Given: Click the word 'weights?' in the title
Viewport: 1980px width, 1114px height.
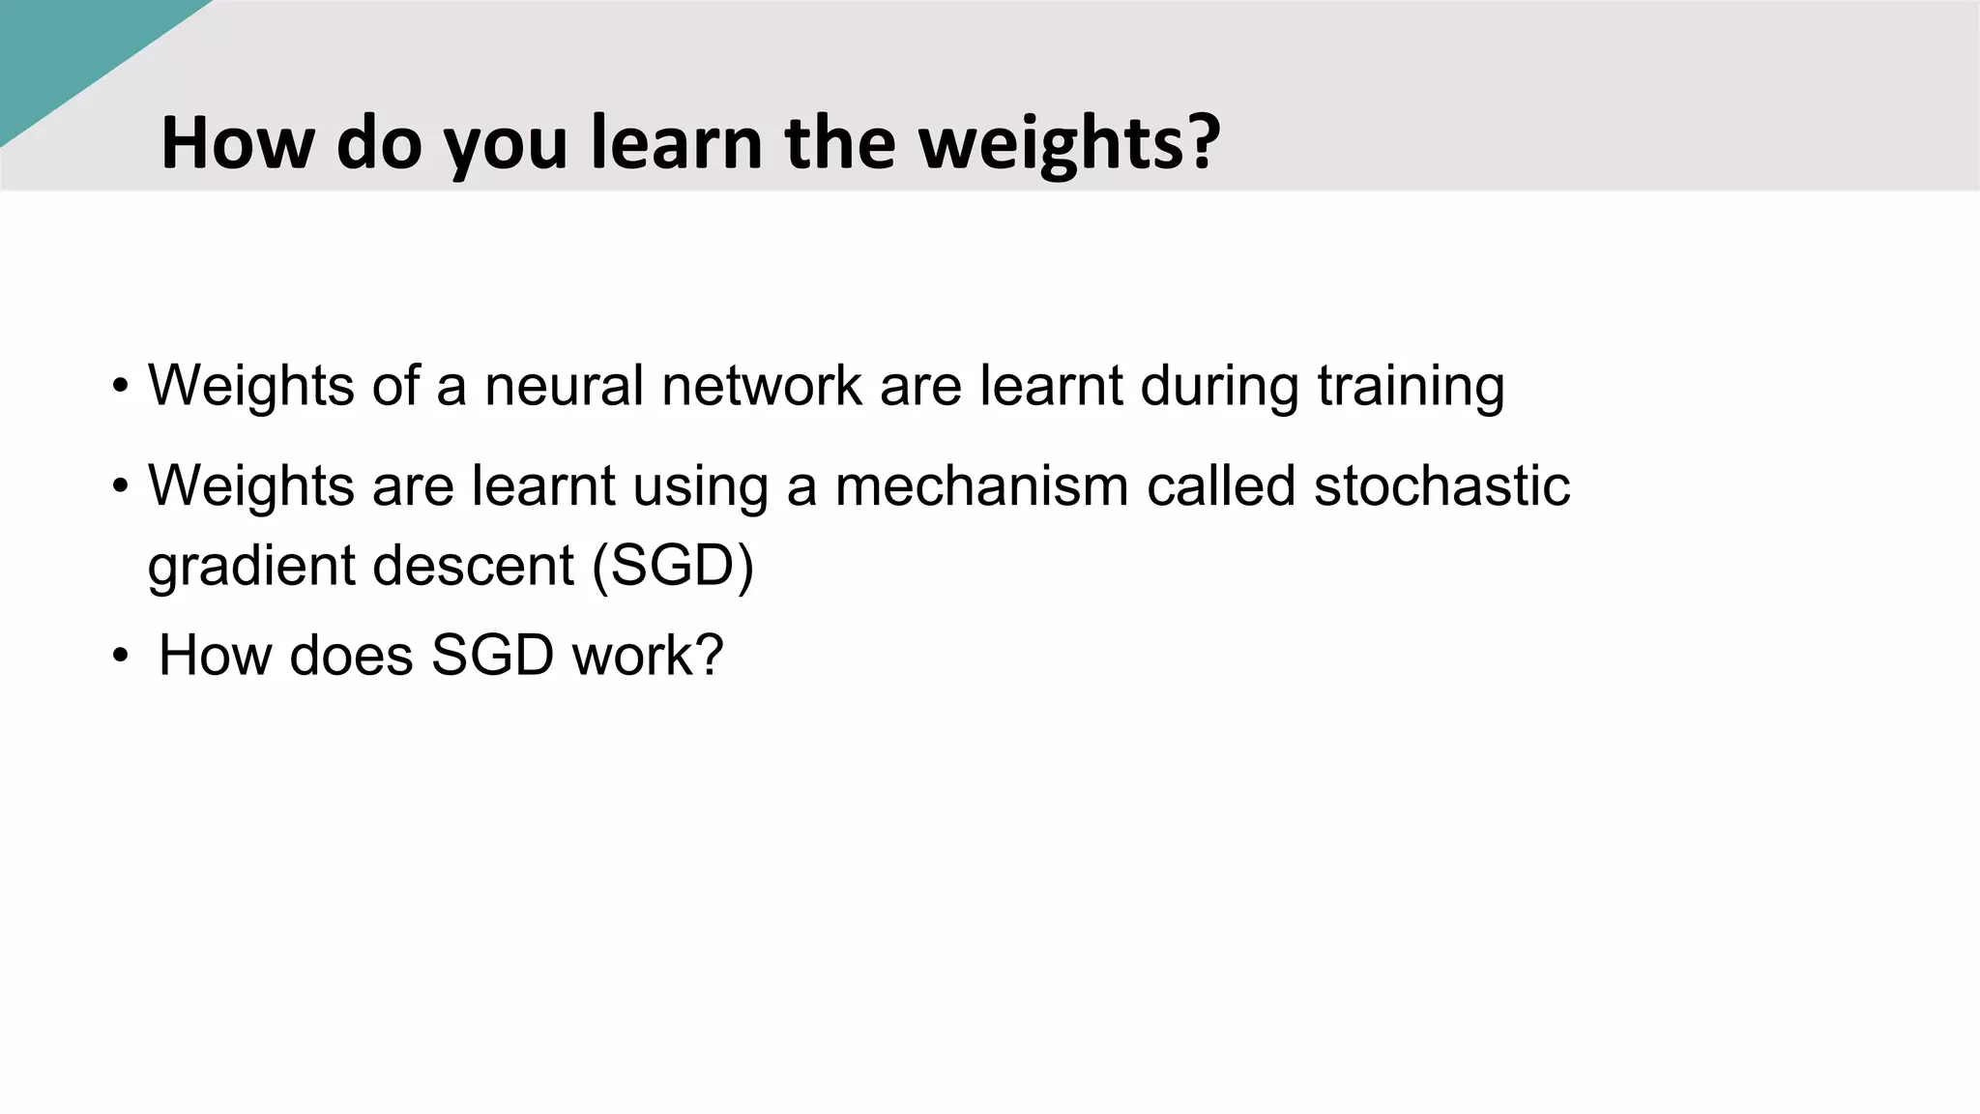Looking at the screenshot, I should point(1068,143).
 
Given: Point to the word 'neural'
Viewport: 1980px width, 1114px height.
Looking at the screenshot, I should point(564,385).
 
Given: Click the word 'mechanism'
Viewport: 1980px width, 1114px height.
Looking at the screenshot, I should point(981,485).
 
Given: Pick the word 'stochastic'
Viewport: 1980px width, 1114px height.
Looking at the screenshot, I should point(1441,485).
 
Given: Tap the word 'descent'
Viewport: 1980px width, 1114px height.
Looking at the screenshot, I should point(473,565).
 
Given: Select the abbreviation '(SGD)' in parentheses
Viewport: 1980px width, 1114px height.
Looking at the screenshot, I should point(672,565).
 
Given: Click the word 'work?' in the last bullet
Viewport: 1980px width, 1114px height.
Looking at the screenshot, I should point(648,656).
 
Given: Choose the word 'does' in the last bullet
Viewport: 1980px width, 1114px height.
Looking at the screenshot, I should point(351,656).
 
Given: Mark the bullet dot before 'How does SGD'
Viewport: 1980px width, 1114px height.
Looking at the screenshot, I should point(119,657).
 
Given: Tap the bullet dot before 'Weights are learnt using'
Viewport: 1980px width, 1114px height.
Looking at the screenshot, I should point(119,486).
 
